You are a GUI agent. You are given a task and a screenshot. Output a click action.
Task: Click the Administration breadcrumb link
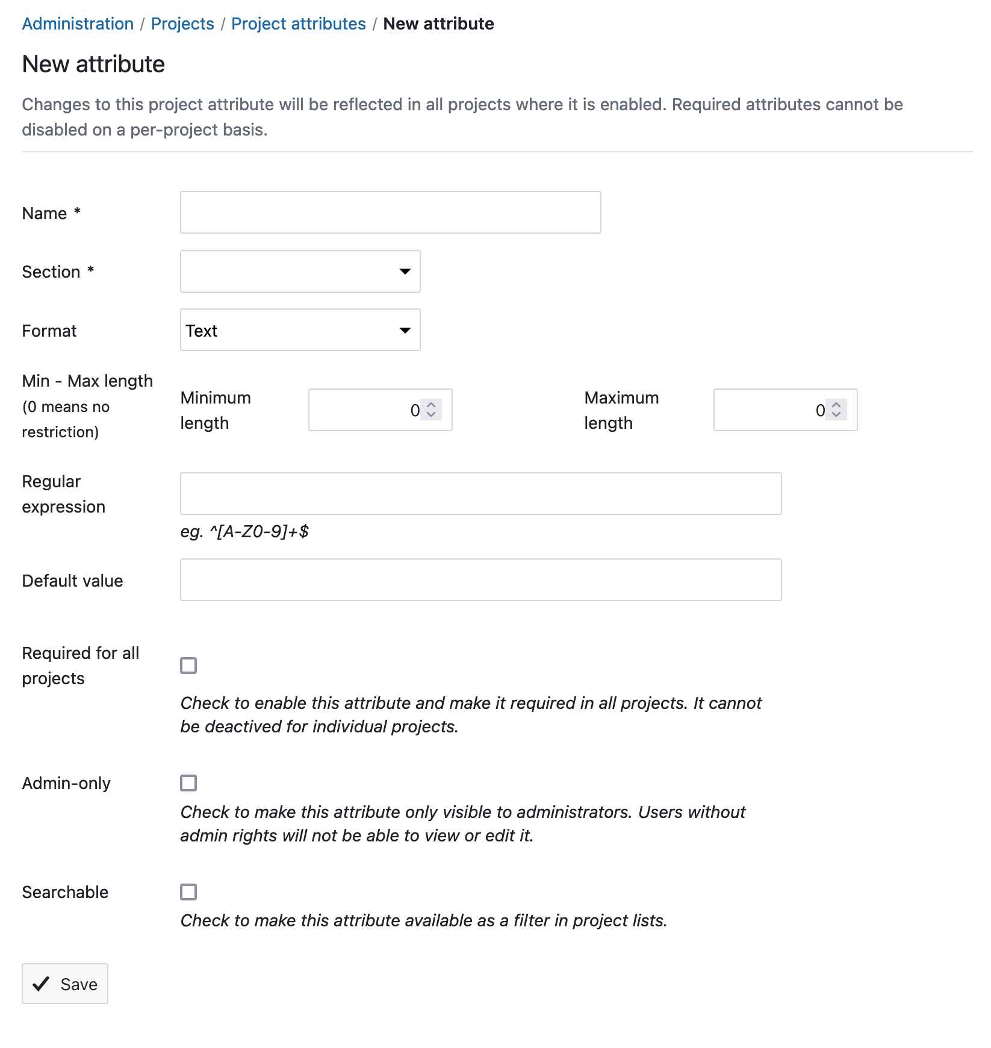tap(78, 24)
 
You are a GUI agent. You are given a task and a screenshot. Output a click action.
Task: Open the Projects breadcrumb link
tap(182, 24)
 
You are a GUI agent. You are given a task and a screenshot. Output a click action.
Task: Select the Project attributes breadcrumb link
tap(298, 24)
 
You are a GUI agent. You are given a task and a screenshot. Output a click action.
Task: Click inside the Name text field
tap(390, 213)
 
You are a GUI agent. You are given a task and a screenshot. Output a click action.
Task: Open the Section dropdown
tap(300, 272)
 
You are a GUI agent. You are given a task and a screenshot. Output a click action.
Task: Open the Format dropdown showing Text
tap(300, 330)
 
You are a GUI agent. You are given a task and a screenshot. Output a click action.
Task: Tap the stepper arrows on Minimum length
tap(431, 410)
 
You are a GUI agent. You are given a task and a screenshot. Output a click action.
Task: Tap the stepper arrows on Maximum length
tap(836, 410)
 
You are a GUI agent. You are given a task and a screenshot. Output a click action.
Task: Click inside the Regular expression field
tap(480, 494)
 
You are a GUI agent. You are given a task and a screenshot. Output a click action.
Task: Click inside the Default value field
tap(480, 580)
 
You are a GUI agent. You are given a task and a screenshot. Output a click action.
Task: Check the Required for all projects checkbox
tap(188, 666)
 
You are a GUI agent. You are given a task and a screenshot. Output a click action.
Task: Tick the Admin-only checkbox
tap(188, 783)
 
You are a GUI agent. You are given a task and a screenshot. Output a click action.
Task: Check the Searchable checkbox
tap(188, 892)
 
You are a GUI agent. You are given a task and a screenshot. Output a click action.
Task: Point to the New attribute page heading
tap(93, 64)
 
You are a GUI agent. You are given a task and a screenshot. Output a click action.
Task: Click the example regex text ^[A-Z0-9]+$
tap(259, 532)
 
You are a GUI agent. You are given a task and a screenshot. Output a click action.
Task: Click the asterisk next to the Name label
tap(77, 211)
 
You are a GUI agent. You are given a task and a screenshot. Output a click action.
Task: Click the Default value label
tap(72, 581)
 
